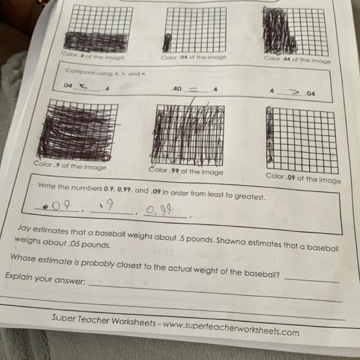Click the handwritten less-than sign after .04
84,87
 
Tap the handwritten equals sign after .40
193,90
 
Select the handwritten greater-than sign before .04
295,92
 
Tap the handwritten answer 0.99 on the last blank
160,210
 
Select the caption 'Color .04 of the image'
193,57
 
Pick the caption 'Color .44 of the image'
297,60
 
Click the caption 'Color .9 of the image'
70,165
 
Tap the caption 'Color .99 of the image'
186,171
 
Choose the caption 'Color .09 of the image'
303,178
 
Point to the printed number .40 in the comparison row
177,89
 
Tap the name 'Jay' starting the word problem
24,228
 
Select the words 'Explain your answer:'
45,278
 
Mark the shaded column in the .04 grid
167,43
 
